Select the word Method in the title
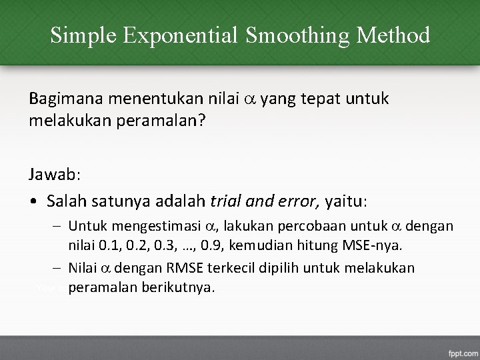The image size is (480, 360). tap(393, 35)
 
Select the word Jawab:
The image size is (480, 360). tap(55, 175)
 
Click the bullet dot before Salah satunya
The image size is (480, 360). tap(33, 201)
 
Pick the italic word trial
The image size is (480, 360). tap(225, 201)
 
